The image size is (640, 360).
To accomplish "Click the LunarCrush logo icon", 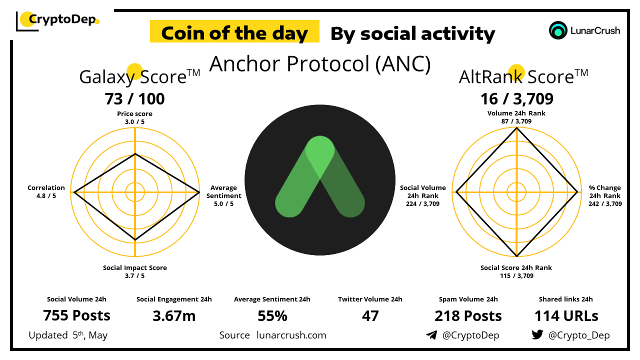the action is (x=557, y=30).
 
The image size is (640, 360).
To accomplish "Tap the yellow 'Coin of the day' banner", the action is (x=234, y=31).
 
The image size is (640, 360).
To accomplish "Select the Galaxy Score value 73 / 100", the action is (x=134, y=99).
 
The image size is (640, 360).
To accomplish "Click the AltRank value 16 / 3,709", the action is (x=516, y=99).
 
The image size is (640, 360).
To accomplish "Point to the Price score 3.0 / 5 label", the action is (x=134, y=117).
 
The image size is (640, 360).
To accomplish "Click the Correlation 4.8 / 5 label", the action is (x=46, y=191).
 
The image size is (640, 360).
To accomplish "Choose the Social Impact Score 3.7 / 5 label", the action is (x=135, y=271).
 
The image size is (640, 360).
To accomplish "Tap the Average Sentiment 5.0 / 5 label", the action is (x=223, y=195).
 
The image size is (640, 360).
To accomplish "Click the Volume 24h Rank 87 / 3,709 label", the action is (x=516, y=117).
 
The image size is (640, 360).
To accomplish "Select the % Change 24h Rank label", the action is (x=605, y=195).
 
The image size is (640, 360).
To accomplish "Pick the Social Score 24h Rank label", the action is (x=516, y=271).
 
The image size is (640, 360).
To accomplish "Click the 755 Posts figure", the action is (x=76, y=315).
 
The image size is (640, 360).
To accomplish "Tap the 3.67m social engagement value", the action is (x=174, y=316).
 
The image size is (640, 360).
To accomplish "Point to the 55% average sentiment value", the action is (x=272, y=316).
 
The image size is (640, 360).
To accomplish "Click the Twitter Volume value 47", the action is (x=370, y=316).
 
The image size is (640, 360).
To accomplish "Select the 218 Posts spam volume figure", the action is (x=468, y=316).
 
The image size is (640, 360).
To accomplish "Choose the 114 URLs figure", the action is (x=566, y=316).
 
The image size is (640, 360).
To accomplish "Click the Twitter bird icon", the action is (x=537, y=334).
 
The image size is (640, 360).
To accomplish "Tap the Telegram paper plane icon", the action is (x=431, y=335).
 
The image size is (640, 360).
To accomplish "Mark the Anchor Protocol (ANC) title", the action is (x=320, y=64).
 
